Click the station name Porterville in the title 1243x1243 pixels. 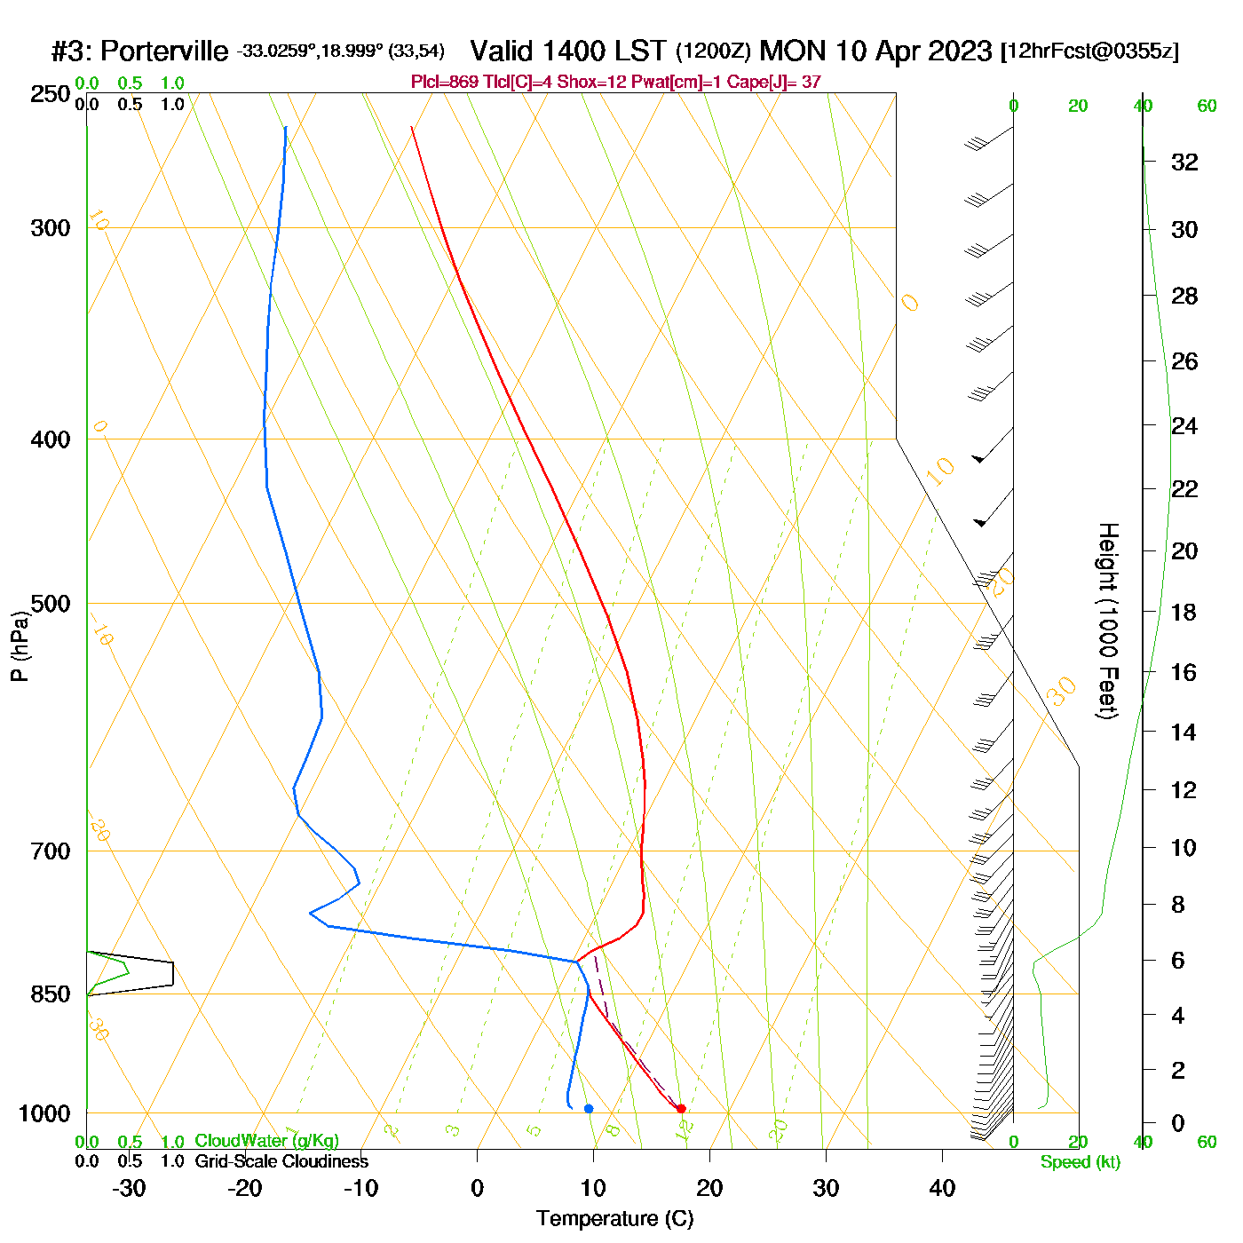(x=164, y=51)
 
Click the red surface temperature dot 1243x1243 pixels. (x=681, y=1108)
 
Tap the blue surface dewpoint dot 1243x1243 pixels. (x=589, y=1108)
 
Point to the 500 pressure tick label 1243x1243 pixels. (x=51, y=604)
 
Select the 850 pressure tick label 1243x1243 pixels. (x=51, y=994)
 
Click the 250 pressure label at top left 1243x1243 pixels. (x=51, y=94)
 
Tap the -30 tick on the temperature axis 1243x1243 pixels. (x=129, y=1188)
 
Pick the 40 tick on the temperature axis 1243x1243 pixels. (x=942, y=1188)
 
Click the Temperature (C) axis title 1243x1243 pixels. (x=614, y=1219)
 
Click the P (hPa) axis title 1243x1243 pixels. (x=20, y=645)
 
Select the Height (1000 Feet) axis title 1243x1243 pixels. (x=1107, y=621)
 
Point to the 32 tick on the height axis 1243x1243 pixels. (x=1184, y=162)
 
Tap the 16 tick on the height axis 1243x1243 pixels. (x=1184, y=672)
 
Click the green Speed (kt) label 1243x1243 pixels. (x=1080, y=1162)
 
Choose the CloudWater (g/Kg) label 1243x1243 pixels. (x=266, y=1141)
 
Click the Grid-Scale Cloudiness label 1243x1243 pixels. (x=281, y=1161)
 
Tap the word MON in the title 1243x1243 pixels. (x=793, y=51)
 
